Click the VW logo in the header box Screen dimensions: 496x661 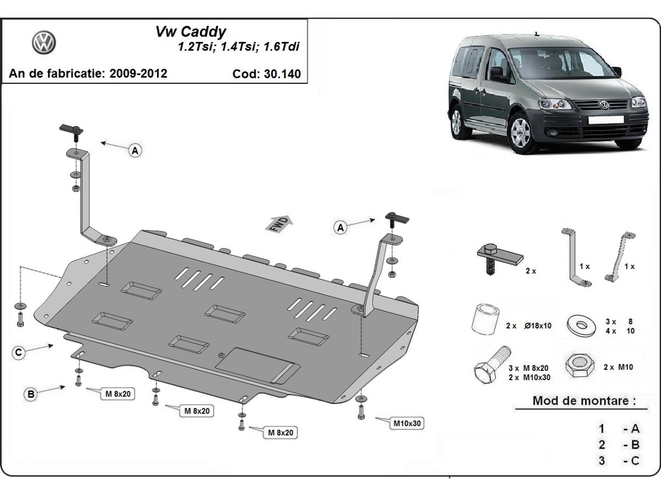(44, 42)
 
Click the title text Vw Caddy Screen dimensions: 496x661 (190, 32)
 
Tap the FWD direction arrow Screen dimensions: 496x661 (279, 224)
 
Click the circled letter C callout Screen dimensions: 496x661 (19, 353)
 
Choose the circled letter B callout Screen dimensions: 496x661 (31, 393)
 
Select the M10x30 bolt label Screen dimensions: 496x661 (407, 424)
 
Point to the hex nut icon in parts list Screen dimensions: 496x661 (579, 364)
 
